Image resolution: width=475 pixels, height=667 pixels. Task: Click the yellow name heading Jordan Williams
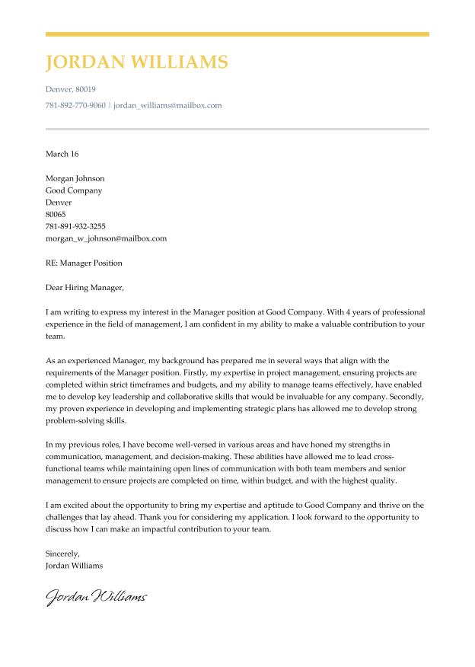click(136, 62)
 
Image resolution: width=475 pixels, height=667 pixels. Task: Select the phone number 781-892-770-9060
click(75, 105)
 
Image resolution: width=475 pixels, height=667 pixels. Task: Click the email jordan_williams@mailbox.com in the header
click(167, 105)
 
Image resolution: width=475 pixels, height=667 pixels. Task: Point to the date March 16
click(62, 154)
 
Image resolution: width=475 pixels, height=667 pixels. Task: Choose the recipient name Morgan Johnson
click(75, 179)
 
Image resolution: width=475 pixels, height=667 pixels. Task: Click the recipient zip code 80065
click(56, 214)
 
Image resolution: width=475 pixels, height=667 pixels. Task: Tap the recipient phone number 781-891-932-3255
click(75, 226)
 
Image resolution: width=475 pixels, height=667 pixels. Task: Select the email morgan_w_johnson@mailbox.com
click(106, 238)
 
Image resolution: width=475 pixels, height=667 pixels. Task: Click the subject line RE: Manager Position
click(84, 263)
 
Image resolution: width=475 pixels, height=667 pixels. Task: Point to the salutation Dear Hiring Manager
click(84, 288)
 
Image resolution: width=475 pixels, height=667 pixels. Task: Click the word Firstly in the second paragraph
click(202, 373)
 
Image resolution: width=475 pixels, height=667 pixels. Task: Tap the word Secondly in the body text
click(409, 397)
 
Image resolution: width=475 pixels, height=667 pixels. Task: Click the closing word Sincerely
click(62, 554)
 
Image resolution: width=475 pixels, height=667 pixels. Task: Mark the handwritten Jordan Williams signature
click(96, 597)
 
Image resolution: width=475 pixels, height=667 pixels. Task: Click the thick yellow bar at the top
click(237, 34)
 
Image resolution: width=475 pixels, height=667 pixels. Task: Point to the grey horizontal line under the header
click(237, 129)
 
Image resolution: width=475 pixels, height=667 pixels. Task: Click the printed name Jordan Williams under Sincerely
click(74, 566)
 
